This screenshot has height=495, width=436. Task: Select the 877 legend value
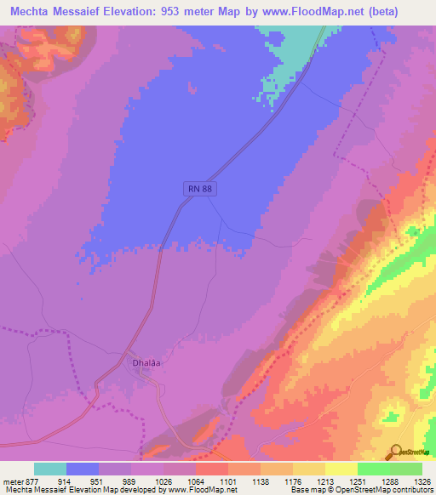click(x=32, y=482)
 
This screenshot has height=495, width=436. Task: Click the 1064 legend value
click(x=194, y=482)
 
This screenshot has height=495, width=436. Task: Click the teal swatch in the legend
click(x=50, y=469)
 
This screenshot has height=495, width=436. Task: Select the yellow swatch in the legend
click(x=341, y=469)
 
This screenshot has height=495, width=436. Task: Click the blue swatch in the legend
click(x=83, y=469)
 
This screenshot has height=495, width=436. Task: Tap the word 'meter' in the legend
click(x=12, y=482)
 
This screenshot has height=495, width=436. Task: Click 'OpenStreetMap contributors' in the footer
click(x=389, y=491)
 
